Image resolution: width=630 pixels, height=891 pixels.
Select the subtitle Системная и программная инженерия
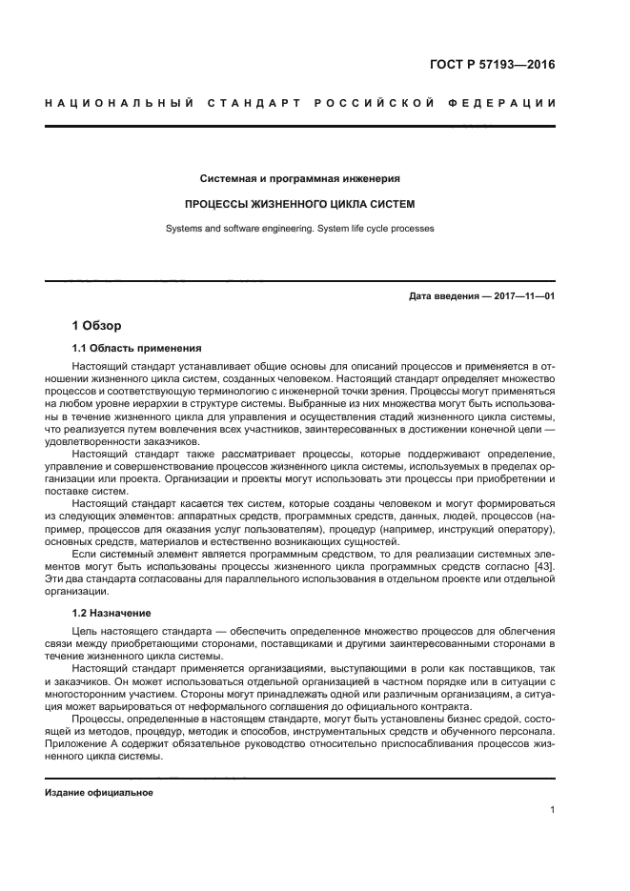(x=299, y=177)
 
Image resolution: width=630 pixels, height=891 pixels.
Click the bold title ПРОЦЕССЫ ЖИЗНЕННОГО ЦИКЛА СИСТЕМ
(x=299, y=204)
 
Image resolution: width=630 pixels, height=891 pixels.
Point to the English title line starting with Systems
(x=299, y=230)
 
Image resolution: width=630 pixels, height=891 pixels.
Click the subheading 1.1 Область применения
(x=136, y=348)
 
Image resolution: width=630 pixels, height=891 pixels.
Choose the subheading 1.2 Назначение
(x=119, y=613)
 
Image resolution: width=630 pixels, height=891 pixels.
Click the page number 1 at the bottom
(x=552, y=811)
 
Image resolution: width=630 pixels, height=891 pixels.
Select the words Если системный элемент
(x=132, y=555)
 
